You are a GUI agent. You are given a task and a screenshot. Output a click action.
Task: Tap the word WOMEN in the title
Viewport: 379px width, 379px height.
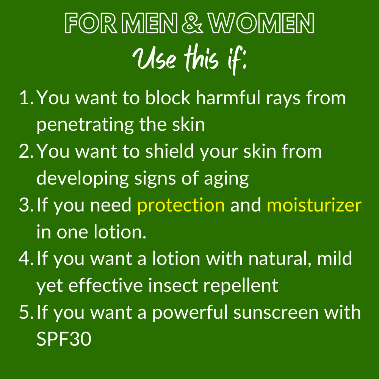(261, 23)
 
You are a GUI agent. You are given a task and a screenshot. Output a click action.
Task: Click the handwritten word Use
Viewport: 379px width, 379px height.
(154, 58)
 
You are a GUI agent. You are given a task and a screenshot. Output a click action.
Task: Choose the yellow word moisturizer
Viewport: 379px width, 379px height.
(314, 205)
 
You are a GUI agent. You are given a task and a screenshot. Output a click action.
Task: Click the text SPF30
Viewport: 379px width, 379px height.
(64, 338)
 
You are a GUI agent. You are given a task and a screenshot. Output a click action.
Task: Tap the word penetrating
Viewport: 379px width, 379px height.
(85, 125)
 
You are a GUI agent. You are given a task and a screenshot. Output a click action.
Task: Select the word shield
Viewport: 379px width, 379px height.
(170, 151)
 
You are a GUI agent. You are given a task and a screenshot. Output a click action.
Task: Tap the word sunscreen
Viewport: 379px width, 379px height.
(276, 313)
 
